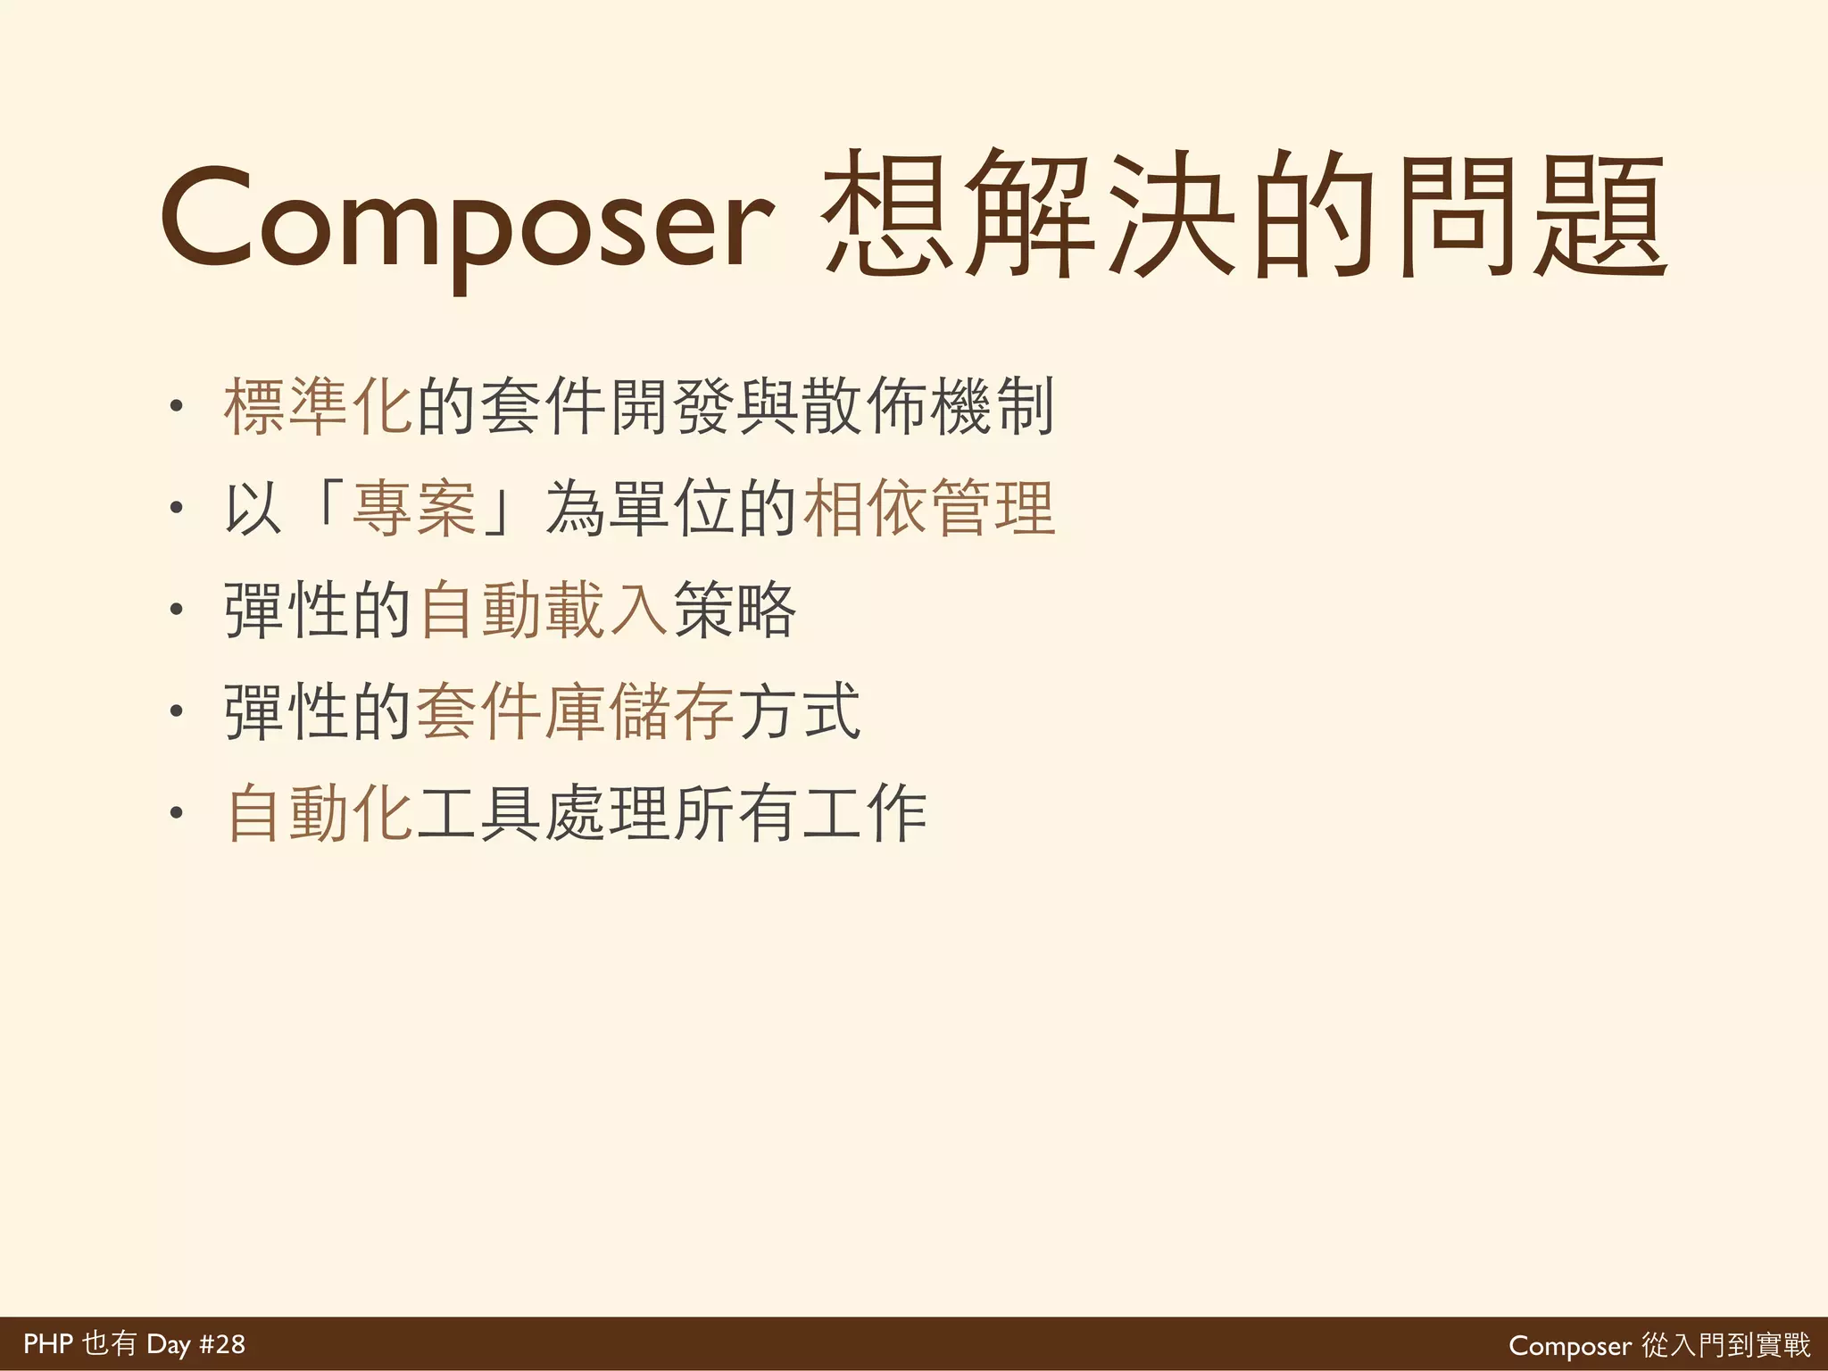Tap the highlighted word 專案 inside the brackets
pos(414,509)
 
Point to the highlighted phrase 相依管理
pos(929,509)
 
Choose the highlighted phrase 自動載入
pos(544,611)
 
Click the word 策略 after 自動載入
pos(734,611)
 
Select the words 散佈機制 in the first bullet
pos(928,407)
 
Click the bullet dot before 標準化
pos(177,407)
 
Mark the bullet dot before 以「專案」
pos(177,509)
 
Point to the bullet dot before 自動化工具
pos(177,813)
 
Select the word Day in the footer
pos(169,1344)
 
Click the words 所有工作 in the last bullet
pos(800,813)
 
